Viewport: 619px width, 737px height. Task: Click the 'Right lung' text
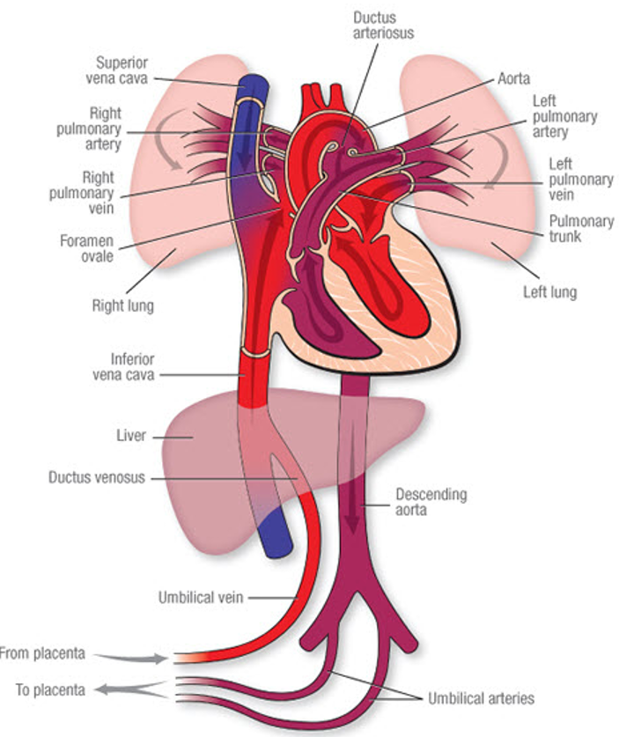coord(122,306)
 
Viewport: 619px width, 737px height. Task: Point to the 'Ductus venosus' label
coord(97,477)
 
